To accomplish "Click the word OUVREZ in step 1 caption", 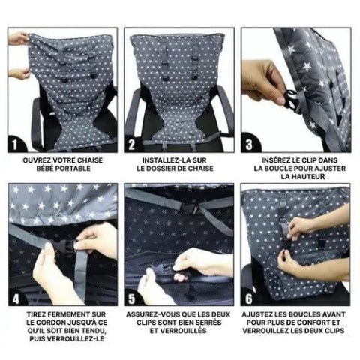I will tap(38, 160).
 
